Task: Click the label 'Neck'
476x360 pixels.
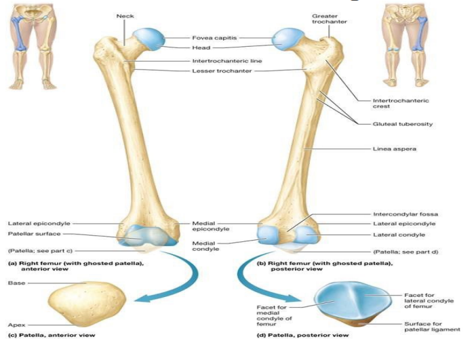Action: click(125, 16)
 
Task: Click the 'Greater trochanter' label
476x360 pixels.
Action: click(330, 18)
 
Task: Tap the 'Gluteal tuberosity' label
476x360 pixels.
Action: click(403, 124)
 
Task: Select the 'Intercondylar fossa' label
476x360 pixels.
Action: click(404, 214)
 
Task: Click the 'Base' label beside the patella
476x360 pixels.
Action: click(16, 282)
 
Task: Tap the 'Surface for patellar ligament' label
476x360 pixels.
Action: click(432, 326)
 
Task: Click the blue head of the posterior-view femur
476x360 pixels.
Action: click(287, 39)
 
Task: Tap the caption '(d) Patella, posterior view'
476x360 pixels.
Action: click(302, 335)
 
